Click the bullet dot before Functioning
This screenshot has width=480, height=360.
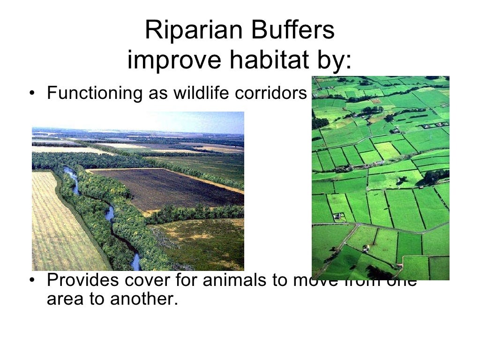(31, 93)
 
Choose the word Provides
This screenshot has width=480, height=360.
(78, 280)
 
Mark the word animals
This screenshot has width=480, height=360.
(219, 280)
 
